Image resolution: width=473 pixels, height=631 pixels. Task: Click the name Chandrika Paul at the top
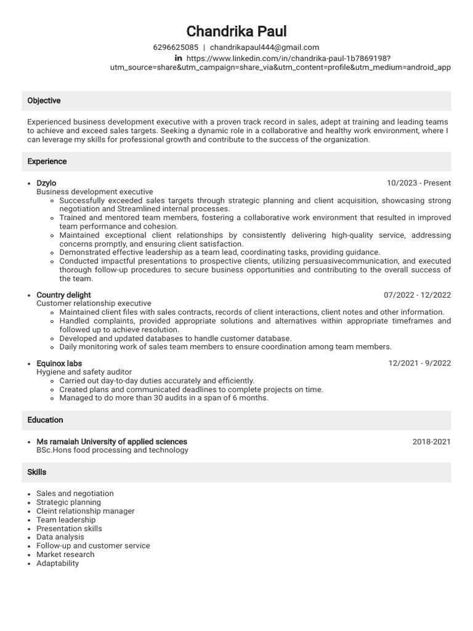236,31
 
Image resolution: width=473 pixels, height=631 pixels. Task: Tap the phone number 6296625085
176,47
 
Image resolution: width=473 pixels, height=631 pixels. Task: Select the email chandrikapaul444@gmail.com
264,47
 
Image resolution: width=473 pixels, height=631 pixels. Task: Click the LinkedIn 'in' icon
179,58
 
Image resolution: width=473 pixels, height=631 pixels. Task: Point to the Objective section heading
44,100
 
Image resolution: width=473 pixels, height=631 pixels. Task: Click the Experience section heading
47,161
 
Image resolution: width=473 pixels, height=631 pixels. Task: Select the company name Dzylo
46,183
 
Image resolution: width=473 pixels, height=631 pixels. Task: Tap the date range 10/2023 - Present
418,183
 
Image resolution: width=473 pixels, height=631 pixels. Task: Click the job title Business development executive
94,192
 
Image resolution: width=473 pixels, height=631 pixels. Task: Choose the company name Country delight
63,295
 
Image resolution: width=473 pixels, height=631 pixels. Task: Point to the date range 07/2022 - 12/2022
417,295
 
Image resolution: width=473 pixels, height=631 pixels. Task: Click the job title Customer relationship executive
94,304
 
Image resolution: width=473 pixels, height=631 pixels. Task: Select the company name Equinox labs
59,364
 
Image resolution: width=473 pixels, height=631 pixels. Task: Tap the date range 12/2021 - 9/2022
419,364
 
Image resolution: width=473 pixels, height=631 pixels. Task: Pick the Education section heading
45,420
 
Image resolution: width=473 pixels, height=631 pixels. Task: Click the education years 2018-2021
431,442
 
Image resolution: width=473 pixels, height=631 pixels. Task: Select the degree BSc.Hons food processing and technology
112,450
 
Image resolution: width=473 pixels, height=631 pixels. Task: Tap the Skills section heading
37,472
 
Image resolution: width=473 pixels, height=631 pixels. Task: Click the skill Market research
65,555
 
